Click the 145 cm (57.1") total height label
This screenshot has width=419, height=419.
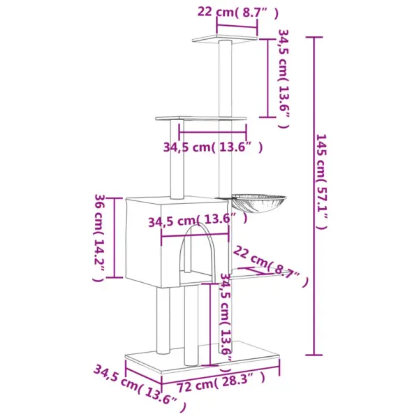tap(321, 182)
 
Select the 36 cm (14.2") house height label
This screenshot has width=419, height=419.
tap(99, 238)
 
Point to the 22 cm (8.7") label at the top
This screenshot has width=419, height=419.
tap(238, 13)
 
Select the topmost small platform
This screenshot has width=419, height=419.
tap(224, 38)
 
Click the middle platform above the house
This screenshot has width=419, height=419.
tap(200, 118)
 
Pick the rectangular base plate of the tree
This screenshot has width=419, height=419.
tap(203, 357)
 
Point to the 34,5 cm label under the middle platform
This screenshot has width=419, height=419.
tap(213, 147)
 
